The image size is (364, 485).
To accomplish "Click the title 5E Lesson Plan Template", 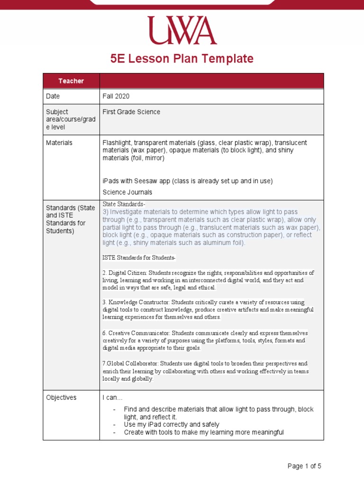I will [x=182, y=59].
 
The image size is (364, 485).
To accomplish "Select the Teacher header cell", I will [x=71, y=81].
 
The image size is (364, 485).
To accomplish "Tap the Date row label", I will [x=53, y=96].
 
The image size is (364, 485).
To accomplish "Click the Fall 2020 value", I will [x=116, y=96].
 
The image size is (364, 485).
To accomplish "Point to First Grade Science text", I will [x=131, y=112].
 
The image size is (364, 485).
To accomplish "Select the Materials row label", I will [x=59, y=143].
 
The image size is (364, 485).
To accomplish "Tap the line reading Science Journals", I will [x=127, y=192].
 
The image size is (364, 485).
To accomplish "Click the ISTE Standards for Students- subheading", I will [x=139, y=258].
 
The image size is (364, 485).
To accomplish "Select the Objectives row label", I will [x=61, y=397].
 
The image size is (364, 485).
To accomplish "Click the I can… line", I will [x=112, y=398].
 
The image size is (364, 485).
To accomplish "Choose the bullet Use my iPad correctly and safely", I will [x=172, y=425].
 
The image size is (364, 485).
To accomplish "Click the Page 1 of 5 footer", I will [x=304, y=466].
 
